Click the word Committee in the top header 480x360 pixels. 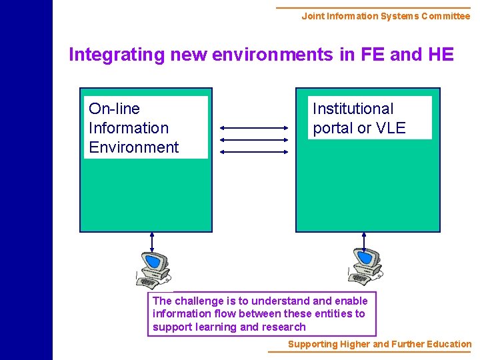tap(444, 16)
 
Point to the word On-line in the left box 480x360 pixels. tap(114, 109)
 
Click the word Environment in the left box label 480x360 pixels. tap(133, 147)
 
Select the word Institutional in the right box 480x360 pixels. tap(353, 109)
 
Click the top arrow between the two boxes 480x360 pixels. tap(253, 128)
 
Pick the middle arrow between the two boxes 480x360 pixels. tap(253, 140)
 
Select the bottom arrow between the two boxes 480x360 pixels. tap(253, 152)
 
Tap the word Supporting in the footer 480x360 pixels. tap(313, 344)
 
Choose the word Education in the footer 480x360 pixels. tap(447, 344)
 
